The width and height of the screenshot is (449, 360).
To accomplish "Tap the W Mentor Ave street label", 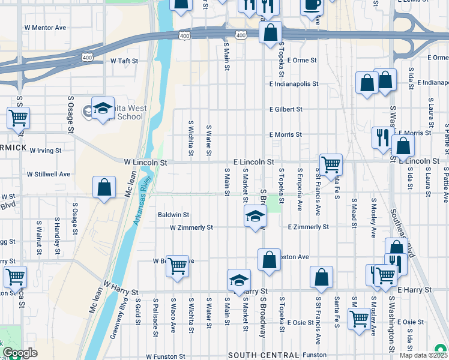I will (45, 28).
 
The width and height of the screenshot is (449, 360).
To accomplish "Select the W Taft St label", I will (124, 61).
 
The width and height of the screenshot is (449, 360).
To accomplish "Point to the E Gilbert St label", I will (286, 110).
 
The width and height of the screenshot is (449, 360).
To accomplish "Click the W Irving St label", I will (46, 151).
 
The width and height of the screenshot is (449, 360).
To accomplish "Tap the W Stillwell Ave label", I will (49, 174).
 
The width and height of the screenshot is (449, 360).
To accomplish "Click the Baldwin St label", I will (173, 214).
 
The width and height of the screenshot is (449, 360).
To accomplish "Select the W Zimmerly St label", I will (191, 228).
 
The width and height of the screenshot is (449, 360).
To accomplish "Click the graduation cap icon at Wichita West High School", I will (103, 108).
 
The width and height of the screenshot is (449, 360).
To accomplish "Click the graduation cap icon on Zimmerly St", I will (255, 216).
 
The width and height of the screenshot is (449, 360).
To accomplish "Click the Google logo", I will (20, 353).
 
